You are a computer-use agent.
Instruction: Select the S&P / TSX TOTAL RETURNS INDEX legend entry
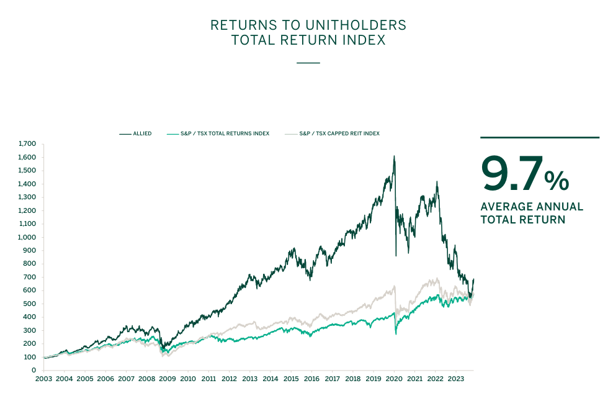[225, 133]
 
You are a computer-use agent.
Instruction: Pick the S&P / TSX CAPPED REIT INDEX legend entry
[339, 133]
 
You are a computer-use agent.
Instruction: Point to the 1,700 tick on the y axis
[27, 144]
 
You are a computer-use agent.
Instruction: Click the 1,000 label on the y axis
[27, 237]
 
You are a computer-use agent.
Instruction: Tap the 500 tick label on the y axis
[29, 304]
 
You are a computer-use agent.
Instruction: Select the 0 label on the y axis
[34, 370]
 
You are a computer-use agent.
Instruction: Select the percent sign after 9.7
[557, 180]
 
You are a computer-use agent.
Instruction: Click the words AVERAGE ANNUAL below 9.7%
[532, 207]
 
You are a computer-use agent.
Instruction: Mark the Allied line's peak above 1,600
[394, 156]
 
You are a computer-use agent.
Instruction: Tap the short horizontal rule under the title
[308, 63]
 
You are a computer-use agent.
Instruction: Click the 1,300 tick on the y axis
[27, 197]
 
